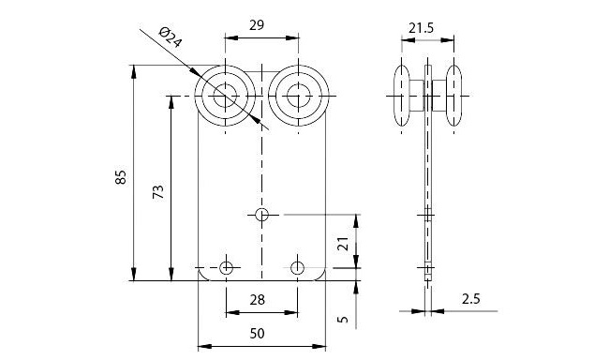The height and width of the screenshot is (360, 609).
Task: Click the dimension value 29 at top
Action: (x=257, y=25)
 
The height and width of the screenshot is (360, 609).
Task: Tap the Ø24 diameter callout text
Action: (x=171, y=37)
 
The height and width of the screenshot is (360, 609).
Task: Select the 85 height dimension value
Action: (x=121, y=177)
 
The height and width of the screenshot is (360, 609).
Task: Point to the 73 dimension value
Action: (x=158, y=192)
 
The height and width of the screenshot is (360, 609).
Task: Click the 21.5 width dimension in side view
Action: (x=421, y=28)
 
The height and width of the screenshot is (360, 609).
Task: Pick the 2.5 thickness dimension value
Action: (x=470, y=299)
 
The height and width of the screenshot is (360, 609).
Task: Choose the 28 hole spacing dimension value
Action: (x=257, y=300)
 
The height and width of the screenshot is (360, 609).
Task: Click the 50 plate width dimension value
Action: (x=257, y=333)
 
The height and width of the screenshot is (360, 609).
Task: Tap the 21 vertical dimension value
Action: (x=343, y=244)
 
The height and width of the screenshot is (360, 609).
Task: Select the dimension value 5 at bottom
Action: (x=343, y=320)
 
